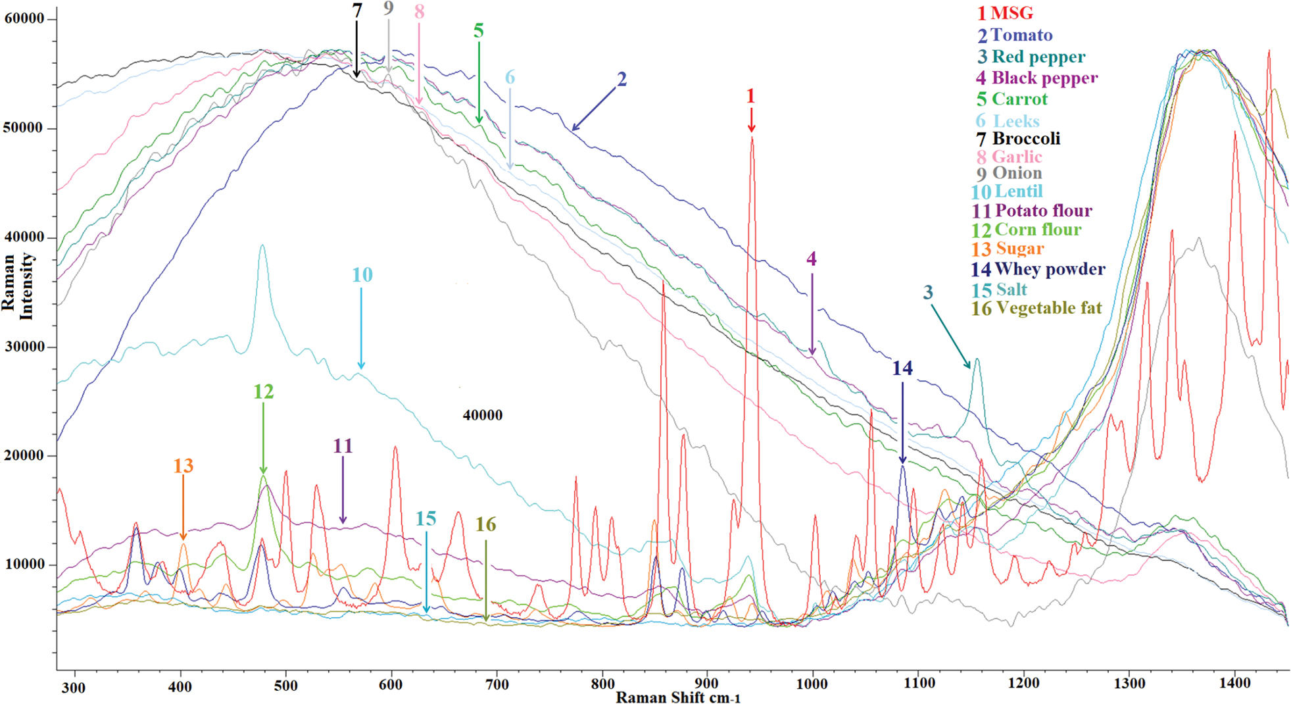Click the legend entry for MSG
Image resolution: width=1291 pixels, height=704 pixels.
tap(1005, 13)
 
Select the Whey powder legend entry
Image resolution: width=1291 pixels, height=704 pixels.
tap(1038, 269)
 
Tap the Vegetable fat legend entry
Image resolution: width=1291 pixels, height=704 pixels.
tap(1037, 308)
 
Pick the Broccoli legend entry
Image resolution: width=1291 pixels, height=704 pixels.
tap(1019, 139)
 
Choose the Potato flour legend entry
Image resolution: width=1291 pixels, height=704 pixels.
tap(1033, 211)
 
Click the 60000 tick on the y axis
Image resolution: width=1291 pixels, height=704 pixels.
tap(24, 18)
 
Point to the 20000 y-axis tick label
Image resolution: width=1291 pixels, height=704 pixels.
tap(24, 455)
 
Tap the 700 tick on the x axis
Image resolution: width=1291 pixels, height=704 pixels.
tap(497, 685)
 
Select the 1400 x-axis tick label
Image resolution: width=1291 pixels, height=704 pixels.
tap(1234, 684)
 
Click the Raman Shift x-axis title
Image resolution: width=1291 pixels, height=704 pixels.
tap(678, 697)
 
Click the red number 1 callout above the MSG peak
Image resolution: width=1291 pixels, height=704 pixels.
tap(750, 96)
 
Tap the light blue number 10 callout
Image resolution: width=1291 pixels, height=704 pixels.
tap(362, 275)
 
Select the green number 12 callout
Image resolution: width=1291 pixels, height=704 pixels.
tap(263, 391)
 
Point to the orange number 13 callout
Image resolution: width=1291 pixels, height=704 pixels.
tap(183, 466)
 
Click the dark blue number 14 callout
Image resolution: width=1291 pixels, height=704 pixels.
tap(902, 368)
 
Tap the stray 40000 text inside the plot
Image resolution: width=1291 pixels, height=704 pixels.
tap(482, 415)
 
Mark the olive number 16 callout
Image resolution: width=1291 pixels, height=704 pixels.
tap(485, 524)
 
